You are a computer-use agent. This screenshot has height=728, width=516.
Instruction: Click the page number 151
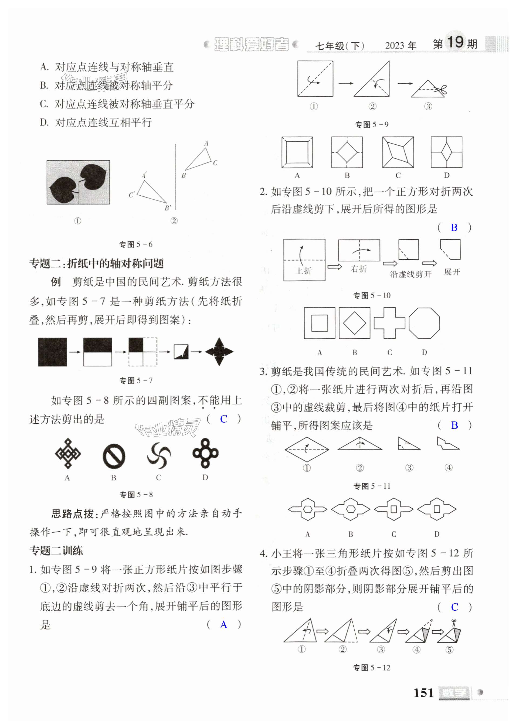423,692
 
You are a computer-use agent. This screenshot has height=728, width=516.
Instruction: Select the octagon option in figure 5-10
424,323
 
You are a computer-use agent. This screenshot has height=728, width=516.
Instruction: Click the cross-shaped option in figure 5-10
389,323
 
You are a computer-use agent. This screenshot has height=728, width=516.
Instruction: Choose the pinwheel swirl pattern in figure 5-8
159,456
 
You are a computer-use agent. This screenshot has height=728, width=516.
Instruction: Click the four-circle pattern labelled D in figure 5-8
206,453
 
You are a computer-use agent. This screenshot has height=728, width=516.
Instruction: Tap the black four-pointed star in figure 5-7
219,352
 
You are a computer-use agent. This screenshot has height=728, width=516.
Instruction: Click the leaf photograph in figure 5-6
78,182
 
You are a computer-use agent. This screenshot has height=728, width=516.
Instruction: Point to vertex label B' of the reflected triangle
168,208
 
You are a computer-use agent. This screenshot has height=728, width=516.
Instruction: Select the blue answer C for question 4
455,607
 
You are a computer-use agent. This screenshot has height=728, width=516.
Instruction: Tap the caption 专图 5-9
371,124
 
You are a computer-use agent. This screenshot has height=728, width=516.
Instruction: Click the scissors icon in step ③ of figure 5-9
441,90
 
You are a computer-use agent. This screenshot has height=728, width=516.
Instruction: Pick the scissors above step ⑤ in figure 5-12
454,623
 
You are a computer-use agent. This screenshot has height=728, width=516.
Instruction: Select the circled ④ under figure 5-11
449,468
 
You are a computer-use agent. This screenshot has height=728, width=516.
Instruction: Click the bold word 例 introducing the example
56,282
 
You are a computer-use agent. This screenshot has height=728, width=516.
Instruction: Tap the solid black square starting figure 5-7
52,352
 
